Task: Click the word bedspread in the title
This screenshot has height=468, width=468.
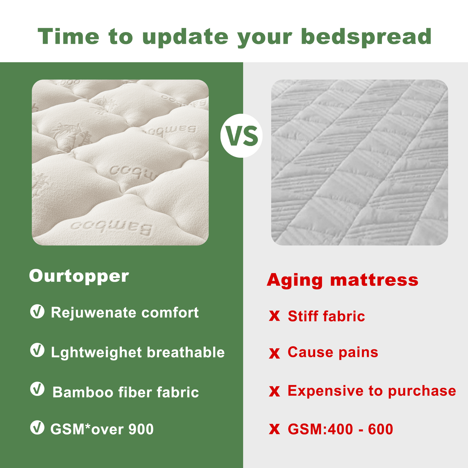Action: pyautogui.click(x=366, y=37)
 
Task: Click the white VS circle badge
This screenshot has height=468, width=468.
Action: pyautogui.click(x=241, y=136)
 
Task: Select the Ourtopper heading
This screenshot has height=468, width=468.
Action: pyautogui.click(x=79, y=276)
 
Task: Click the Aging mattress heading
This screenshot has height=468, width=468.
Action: pyautogui.click(x=342, y=280)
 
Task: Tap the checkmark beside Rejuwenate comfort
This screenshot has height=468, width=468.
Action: pyautogui.click(x=37, y=312)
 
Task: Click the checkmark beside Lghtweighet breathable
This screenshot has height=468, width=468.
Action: pyautogui.click(x=37, y=350)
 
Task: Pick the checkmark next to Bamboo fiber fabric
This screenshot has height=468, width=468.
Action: pyautogui.click(x=37, y=389)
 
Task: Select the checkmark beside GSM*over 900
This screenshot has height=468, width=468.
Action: pyautogui.click(x=37, y=428)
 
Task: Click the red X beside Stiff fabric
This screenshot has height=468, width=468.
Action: pyautogui.click(x=274, y=316)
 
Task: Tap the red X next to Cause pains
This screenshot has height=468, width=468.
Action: pyautogui.click(x=274, y=353)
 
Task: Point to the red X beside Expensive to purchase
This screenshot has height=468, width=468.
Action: pyautogui.click(x=274, y=392)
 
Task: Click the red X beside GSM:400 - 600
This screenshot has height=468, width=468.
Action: pyautogui.click(x=274, y=429)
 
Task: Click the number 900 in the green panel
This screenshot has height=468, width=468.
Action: pyautogui.click(x=141, y=429)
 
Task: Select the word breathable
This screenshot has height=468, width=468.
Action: pyautogui.click(x=186, y=352)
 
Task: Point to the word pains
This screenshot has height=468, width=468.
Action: pyautogui.click(x=358, y=352)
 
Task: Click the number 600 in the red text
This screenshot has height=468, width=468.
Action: pyautogui.click(x=380, y=429)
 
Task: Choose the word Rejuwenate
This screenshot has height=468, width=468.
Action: pyautogui.click(x=94, y=313)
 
